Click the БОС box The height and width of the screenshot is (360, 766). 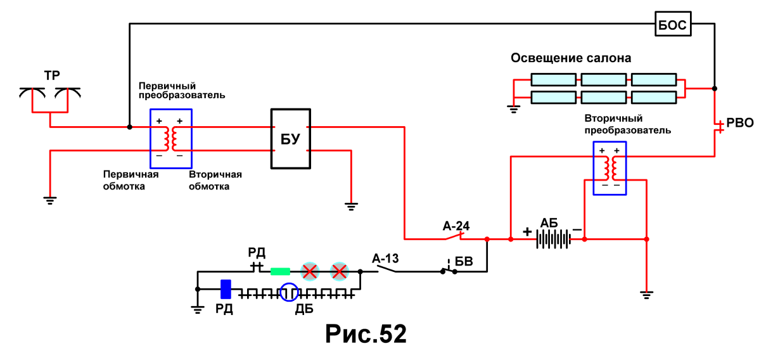click(x=673, y=24)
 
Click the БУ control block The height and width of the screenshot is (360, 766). click(x=291, y=139)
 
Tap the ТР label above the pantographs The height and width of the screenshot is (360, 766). click(x=52, y=75)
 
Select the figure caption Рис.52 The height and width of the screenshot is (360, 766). click(x=366, y=333)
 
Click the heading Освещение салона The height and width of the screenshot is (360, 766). click(x=571, y=58)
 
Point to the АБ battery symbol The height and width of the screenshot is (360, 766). click(x=554, y=239)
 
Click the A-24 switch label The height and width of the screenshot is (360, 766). click(x=456, y=226)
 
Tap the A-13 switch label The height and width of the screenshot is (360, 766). click(x=385, y=259)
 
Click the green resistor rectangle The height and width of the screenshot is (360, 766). click(x=281, y=272)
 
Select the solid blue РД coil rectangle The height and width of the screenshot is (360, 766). click(x=226, y=289)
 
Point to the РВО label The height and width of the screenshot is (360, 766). click(x=740, y=123)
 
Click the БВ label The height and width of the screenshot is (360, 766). click(x=464, y=262)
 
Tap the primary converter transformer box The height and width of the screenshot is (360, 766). click(x=171, y=139)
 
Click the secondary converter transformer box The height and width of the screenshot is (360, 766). click(x=610, y=169)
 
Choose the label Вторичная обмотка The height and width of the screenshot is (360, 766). click(x=215, y=181)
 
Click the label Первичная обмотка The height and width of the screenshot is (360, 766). click(x=131, y=181)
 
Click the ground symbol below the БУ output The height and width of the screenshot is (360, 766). click(x=351, y=207)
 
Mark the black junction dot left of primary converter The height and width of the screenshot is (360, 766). click(x=130, y=127)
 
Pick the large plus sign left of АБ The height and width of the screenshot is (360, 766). click(x=527, y=232)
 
